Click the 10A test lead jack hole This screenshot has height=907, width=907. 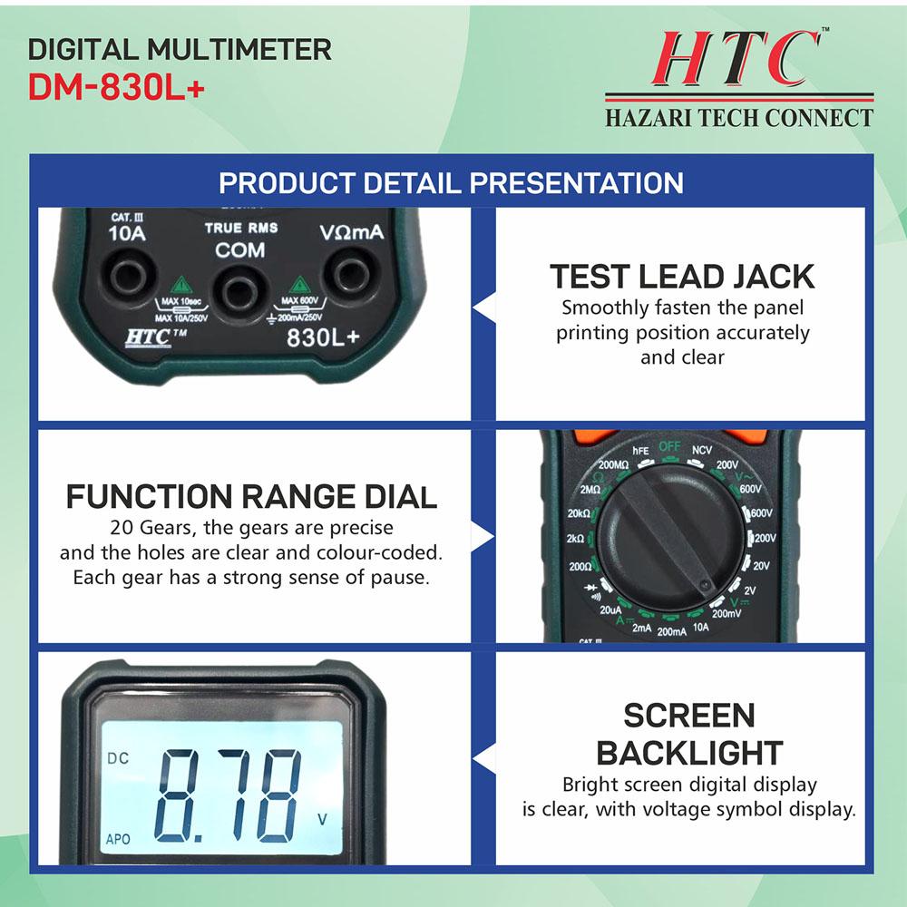(x=129, y=277)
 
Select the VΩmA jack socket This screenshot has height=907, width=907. (x=350, y=273)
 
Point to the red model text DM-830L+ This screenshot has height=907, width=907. (x=117, y=88)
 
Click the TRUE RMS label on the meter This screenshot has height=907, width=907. (x=241, y=228)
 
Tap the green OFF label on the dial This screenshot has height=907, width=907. (x=669, y=446)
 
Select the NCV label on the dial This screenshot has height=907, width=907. (x=702, y=450)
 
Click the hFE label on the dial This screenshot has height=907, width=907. (x=640, y=451)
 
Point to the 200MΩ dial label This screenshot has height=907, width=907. (x=613, y=464)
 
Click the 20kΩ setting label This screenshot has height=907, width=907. (x=579, y=513)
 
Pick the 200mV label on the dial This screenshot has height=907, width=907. (x=726, y=613)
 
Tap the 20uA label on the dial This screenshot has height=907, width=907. (x=610, y=610)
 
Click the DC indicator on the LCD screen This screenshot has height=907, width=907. (x=118, y=758)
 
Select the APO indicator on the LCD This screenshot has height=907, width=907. (x=118, y=839)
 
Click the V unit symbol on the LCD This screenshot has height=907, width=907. (x=322, y=819)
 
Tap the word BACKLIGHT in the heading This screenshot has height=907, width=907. (x=689, y=753)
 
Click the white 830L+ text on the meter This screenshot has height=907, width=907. (x=323, y=337)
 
